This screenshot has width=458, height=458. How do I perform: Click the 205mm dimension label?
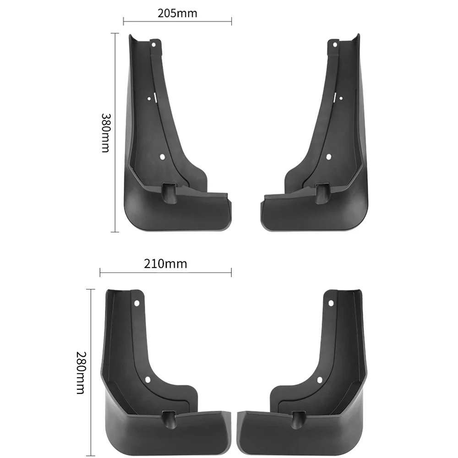coord(177,13)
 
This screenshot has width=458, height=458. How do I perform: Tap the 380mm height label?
coord(105,133)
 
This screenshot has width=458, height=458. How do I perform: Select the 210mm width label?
coord(165,263)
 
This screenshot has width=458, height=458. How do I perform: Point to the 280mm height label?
coord(81,373)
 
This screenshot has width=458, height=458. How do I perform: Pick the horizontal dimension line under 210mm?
coord(165,273)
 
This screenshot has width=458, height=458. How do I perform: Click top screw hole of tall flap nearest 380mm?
coord(154,45)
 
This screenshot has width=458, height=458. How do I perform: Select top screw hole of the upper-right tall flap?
coord(335,45)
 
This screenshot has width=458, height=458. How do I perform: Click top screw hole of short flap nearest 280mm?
coord(137,303)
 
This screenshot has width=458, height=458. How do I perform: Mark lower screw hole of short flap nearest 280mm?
coord(148,380)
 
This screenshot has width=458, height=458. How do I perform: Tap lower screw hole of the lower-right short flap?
coord(320,380)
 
